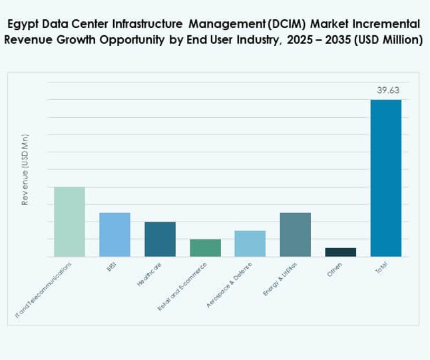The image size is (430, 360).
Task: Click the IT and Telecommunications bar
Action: click(69, 222)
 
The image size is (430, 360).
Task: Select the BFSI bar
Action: click(114, 234)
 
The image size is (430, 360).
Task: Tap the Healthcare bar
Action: click(160, 239)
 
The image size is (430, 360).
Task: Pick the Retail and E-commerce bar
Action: click(205, 248)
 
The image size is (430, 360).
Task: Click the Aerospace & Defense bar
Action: click(250, 243)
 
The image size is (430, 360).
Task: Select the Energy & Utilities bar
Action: click(296, 234)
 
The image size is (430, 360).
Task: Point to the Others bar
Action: click(341, 252)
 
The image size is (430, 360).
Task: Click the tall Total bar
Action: click(386, 178)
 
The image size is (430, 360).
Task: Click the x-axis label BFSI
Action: click(111, 268)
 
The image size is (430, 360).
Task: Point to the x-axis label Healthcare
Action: click(149, 275)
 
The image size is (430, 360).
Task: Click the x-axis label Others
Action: click(335, 270)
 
